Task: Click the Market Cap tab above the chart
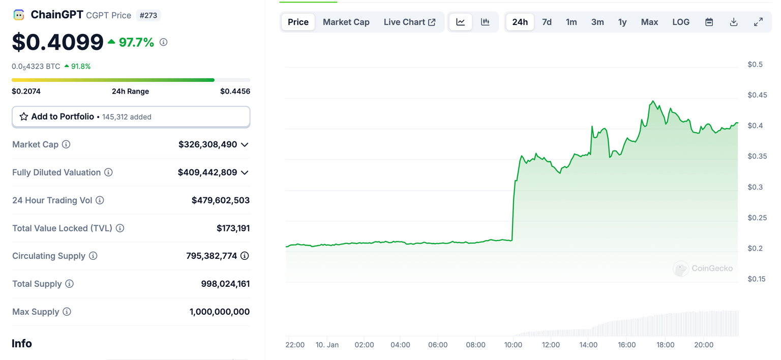pos(346,22)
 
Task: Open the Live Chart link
pos(409,22)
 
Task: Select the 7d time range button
pos(547,22)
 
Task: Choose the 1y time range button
pos(622,22)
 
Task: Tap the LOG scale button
pos(681,22)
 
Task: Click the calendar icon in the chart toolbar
pos(709,22)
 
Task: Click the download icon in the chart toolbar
pos(734,22)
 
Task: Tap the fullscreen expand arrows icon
pos(758,22)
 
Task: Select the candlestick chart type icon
pos(485,22)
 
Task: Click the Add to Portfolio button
pos(131,116)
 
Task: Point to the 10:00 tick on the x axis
pos(513,345)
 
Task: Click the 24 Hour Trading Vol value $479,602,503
pos(221,200)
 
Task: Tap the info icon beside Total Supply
pos(70,284)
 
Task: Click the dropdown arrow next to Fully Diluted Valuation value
pos(245,172)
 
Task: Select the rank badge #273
pos(148,15)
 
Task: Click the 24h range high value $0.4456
pos(235,92)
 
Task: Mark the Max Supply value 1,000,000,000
pos(220,312)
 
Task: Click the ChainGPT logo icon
pos(19,15)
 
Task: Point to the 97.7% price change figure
pos(136,42)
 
